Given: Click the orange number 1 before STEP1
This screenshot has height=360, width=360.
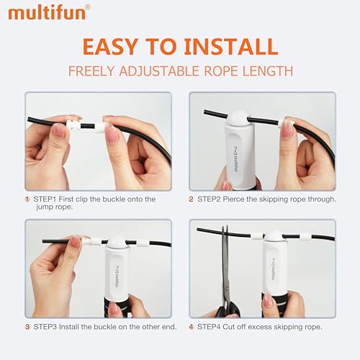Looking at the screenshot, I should (x=27, y=199).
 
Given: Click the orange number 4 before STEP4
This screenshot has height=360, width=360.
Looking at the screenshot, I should (x=192, y=326).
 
